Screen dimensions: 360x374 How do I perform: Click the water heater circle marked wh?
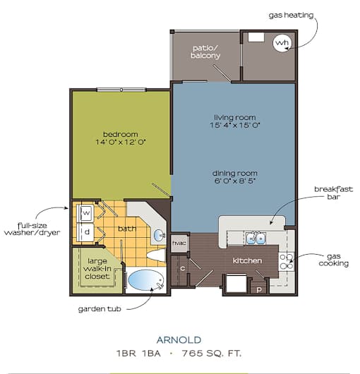click(x=282, y=43)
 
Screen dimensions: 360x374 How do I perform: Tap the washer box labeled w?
click(x=86, y=212)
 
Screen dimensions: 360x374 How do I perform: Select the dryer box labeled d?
click(x=86, y=232)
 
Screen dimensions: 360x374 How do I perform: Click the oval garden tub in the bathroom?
click(x=146, y=280)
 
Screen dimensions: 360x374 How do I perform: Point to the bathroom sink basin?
click(x=159, y=236)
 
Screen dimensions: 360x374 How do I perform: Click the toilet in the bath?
click(x=156, y=255)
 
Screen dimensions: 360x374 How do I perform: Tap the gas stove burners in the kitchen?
click(x=287, y=261)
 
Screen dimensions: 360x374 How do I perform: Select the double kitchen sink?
click(x=256, y=238)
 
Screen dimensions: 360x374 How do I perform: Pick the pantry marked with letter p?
click(x=259, y=288)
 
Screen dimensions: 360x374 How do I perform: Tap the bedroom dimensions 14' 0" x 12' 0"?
click(x=121, y=142)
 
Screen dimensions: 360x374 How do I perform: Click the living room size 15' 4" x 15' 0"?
click(x=235, y=125)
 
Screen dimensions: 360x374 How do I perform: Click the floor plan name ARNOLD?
click(x=179, y=340)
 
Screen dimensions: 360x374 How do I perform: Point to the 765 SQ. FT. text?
click(x=212, y=354)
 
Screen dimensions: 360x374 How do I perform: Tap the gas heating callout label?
click(x=291, y=16)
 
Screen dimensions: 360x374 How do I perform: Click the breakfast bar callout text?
click(x=333, y=193)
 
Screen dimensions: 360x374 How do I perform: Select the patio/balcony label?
click(x=205, y=52)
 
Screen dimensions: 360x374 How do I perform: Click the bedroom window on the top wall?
click(x=121, y=90)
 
